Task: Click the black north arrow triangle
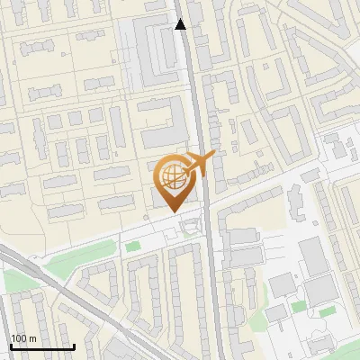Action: (x=181, y=24)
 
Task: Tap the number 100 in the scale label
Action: (x=19, y=338)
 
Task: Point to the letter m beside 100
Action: (x=31, y=338)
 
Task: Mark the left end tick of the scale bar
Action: (x=10, y=346)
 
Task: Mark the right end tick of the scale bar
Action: (x=73, y=346)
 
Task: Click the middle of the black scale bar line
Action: (x=41, y=346)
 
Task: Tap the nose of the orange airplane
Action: (x=215, y=156)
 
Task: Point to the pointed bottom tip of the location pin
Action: (x=173, y=212)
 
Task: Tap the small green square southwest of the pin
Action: (x=133, y=246)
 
